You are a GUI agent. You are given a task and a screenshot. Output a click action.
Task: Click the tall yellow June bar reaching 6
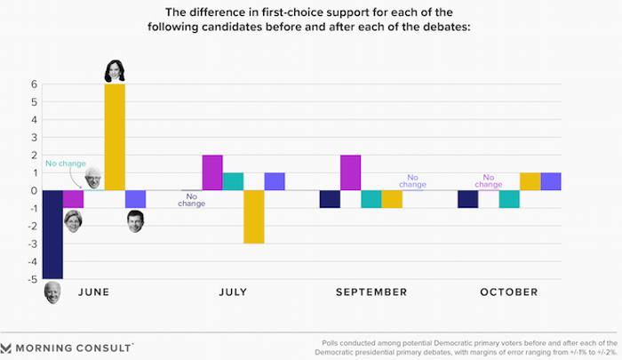click(x=115, y=137)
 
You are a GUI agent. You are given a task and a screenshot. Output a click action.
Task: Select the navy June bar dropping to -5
click(x=52, y=235)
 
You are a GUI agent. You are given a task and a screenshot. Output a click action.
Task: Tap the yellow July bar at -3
click(x=253, y=217)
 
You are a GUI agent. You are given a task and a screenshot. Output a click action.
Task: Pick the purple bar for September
click(x=349, y=172)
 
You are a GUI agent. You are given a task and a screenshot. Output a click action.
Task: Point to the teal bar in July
click(x=233, y=181)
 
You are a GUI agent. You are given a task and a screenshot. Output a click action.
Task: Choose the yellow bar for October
click(x=530, y=181)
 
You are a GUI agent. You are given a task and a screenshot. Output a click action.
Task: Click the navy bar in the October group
click(x=467, y=199)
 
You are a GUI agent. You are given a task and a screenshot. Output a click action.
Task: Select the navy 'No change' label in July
click(x=191, y=200)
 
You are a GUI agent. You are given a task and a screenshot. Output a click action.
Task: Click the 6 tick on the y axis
click(x=33, y=84)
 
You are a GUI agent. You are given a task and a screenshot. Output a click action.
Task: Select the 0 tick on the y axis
click(x=33, y=190)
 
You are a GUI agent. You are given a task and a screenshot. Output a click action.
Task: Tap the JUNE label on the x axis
click(x=94, y=292)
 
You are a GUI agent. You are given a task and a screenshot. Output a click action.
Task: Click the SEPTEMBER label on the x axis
click(x=371, y=292)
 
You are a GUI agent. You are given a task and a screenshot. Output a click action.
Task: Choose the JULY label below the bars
click(x=233, y=292)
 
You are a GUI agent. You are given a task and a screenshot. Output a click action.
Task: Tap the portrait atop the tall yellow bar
click(x=115, y=70)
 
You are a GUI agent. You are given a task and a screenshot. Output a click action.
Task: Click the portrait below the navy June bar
click(x=52, y=292)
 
